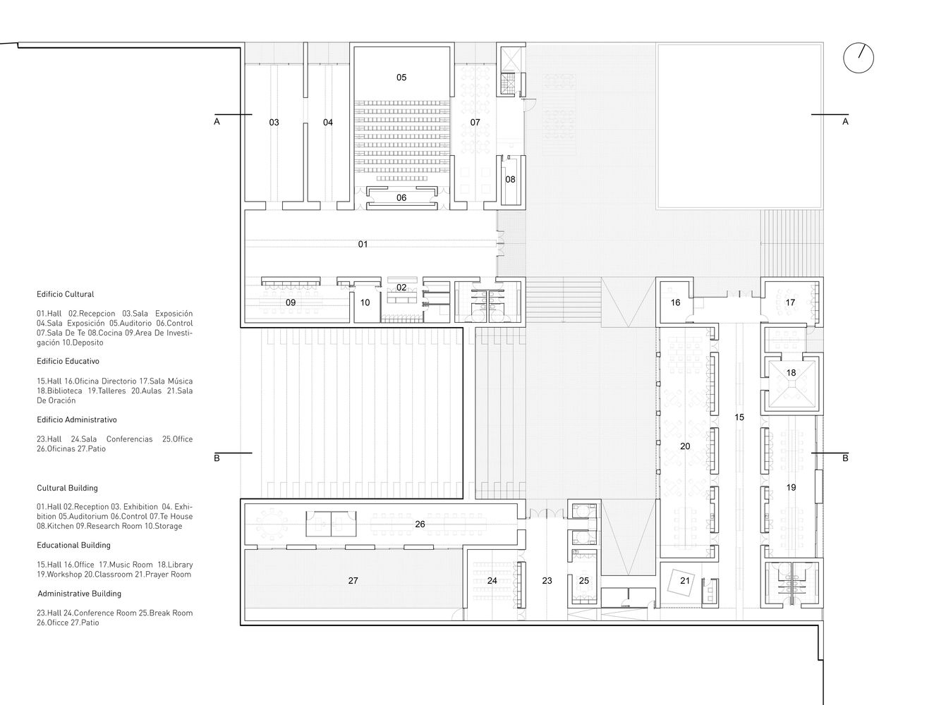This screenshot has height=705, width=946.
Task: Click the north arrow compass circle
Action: tap(844, 58)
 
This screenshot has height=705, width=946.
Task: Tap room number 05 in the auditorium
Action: tap(401, 78)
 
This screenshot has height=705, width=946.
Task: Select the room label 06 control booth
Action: tap(401, 197)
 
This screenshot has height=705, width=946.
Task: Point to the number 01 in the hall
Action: tap(363, 244)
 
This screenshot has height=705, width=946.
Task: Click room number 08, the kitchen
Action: tap(510, 180)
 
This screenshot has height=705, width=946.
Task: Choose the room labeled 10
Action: tap(365, 302)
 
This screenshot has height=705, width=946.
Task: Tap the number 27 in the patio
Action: tap(353, 581)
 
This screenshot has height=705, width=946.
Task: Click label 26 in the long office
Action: tap(420, 524)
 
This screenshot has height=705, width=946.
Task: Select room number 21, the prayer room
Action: tap(685, 581)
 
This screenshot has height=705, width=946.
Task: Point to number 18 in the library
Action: tap(792, 372)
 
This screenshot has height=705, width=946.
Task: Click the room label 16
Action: tap(675, 302)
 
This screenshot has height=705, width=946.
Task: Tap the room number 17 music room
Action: tap(790, 302)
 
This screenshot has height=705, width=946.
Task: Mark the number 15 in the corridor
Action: tap(739, 417)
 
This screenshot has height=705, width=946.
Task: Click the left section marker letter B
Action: tap(217, 458)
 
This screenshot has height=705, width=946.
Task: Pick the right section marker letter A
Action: tap(845, 122)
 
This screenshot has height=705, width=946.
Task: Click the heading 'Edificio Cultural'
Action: tap(65, 294)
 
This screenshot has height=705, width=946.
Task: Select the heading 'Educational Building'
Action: tap(73, 545)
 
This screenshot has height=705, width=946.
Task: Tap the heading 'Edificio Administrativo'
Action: tap(77, 419)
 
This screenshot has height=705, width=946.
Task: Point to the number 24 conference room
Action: tap(492, 581)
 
